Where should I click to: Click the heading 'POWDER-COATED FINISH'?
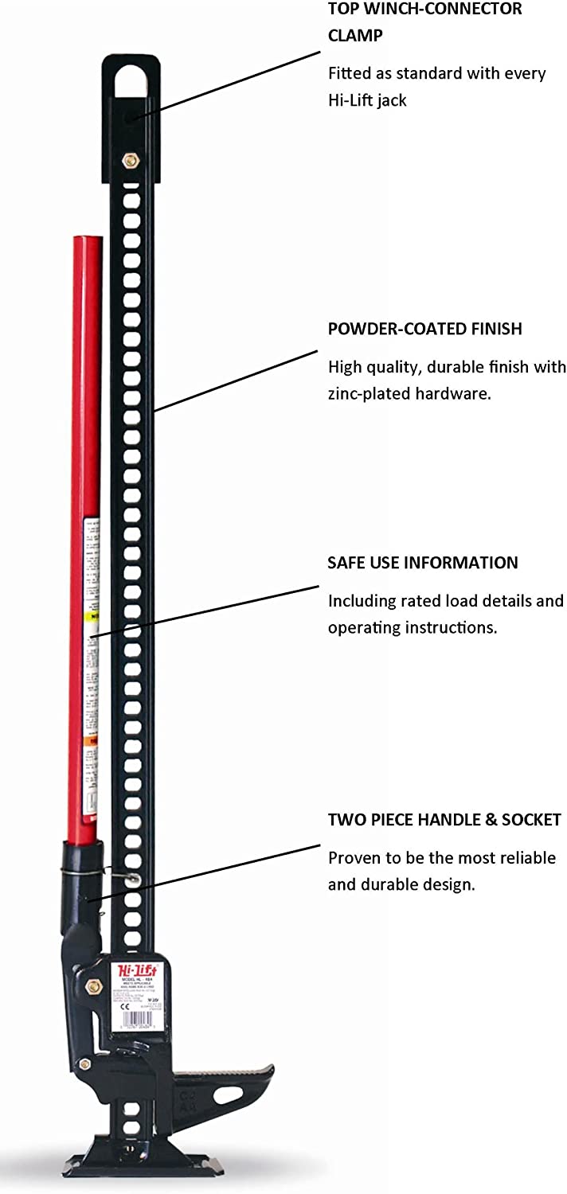[x=425, y=329]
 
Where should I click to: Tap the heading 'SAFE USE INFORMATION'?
[x=423, y=563]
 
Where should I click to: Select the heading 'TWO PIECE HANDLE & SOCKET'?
[x=444, y=820]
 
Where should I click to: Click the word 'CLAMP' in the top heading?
[x=354, y=36]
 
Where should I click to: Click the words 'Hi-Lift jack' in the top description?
[x=367, y=99]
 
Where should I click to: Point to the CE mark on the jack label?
[x=123, y=1006]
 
